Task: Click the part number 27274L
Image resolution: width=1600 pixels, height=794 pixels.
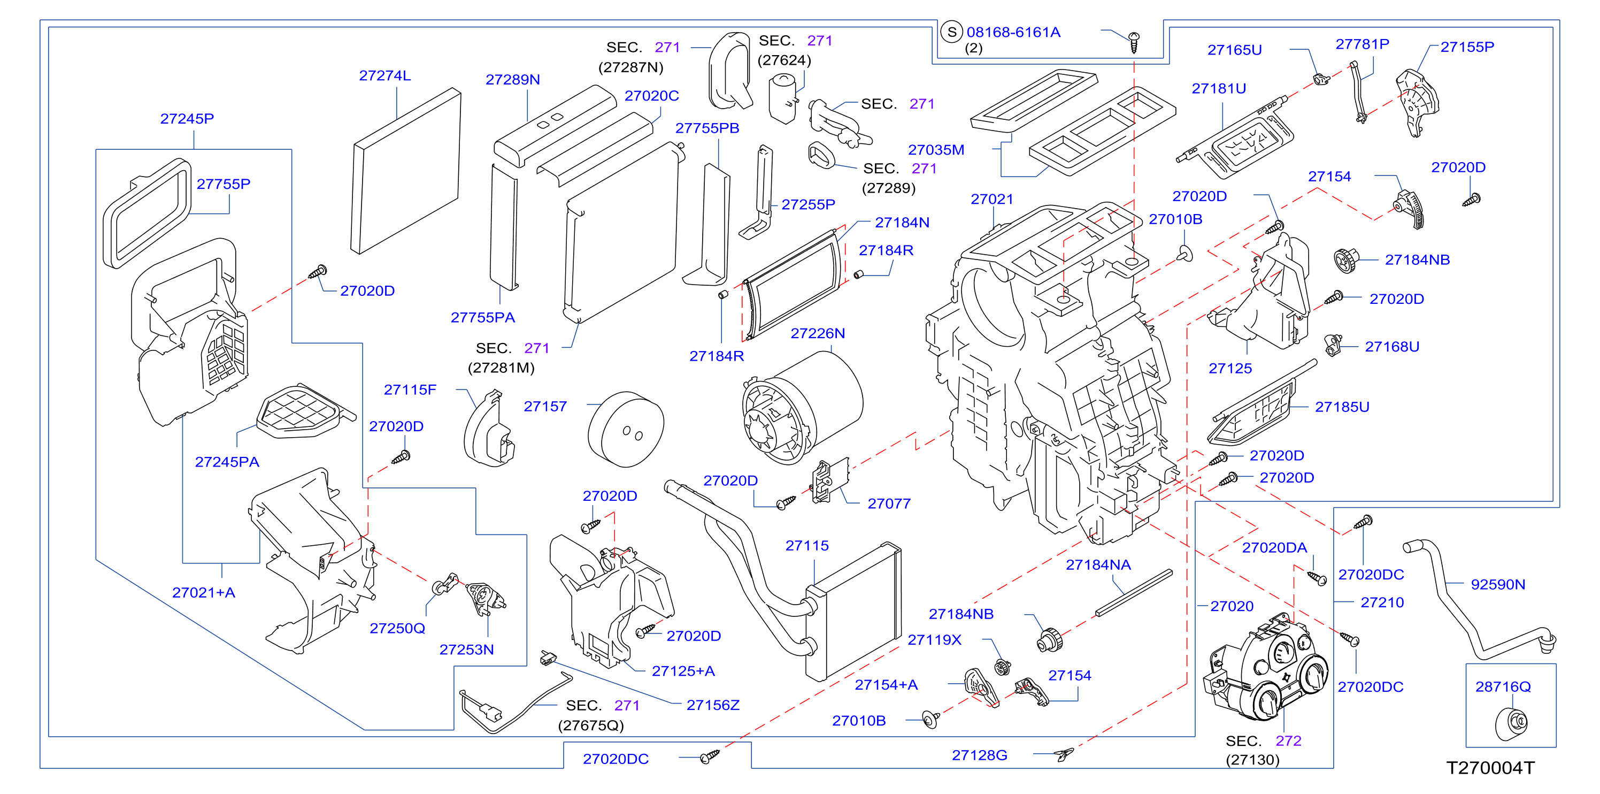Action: (x=384, y=76)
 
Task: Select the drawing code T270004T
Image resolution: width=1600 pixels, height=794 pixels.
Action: (x=1490, y=768)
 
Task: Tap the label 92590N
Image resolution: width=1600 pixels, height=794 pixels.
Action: (x=1497, y=585)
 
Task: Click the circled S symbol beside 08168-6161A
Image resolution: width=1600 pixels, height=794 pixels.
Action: (x=951, y=32)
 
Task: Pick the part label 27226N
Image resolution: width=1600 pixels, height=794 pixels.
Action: (x=818, y=334)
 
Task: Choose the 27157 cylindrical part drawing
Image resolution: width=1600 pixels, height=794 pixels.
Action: (x=626, y=429)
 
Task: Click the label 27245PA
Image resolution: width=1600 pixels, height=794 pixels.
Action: (x=227, y=462)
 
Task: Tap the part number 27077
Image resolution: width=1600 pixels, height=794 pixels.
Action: (x=889, y=504)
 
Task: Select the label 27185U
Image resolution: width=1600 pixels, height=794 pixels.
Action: (x=1342, y=407)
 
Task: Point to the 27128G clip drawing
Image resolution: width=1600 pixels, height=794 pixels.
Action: (x=1064, y=754)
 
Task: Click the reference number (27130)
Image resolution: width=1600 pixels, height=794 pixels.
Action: (x=1252, y=760)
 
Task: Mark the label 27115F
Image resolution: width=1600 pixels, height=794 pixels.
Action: (x=410, y=390)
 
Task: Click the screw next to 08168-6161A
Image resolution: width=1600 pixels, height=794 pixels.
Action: (x=1134, y=42)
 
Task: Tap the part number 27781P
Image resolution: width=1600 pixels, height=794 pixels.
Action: (x=1362, y=44)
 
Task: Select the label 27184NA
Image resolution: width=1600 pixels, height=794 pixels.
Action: (x=1098, y=566)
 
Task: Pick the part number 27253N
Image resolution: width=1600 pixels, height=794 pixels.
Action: (x=466, y=650)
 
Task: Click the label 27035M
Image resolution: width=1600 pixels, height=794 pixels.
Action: (x=936, y=150)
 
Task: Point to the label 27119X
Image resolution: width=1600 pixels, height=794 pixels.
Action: (x=934, y=640)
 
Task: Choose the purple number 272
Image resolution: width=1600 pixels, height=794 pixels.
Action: (x=1288, y=741)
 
